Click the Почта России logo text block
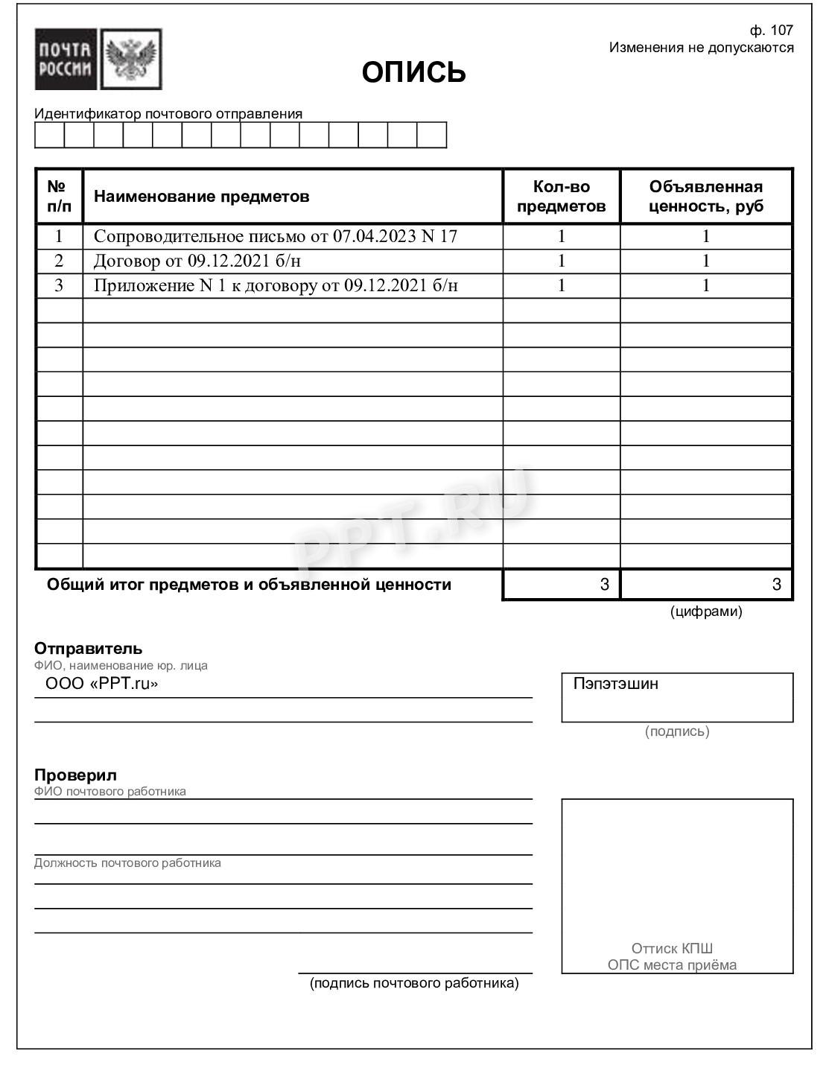(66, 60)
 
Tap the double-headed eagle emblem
(131, 60)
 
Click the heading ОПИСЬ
(413, 72)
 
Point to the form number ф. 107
(771, 30)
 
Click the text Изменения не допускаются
(701, 48)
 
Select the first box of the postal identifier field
(49, 135)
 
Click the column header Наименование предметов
(201, 197)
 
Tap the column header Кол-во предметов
(561, 197)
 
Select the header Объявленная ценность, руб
(705, 197)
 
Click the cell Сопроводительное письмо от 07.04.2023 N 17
(275, 236)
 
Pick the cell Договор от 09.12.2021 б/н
(197, 261)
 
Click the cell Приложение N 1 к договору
(275, 285)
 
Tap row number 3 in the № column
(59, 285)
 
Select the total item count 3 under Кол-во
(604, 585)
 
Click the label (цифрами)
(705, 611)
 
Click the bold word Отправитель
(88, 648)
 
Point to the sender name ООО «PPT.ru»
(101, 684)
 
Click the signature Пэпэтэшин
(615, 684)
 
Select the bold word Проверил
(75, 775)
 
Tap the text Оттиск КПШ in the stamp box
(672, 948)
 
